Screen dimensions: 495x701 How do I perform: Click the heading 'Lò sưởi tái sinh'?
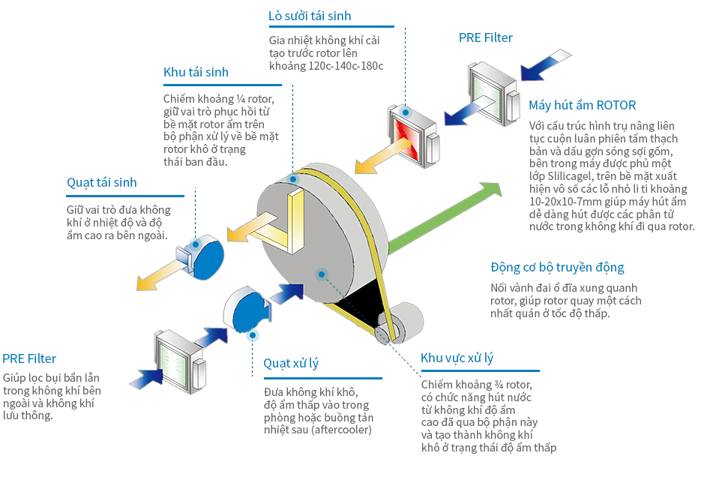(x=310, y=16)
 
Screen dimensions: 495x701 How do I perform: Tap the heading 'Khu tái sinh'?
(x=196, y=73)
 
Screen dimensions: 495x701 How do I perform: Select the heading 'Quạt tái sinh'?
(x=102, y=183)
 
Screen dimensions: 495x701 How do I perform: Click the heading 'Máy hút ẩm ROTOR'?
(x=582, y=106)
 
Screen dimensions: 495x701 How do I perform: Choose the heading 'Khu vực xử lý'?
(x=457, y=358)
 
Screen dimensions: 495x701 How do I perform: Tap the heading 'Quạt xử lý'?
(x=291, y=364)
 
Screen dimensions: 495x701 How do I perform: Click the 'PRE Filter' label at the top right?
(x=486, y=38)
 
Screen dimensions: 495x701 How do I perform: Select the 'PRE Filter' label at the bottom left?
(x=29, y=359)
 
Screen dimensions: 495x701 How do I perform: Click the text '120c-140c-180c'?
(x=347, y=66)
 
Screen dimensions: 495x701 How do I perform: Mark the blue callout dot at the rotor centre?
(x=322, y=274)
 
